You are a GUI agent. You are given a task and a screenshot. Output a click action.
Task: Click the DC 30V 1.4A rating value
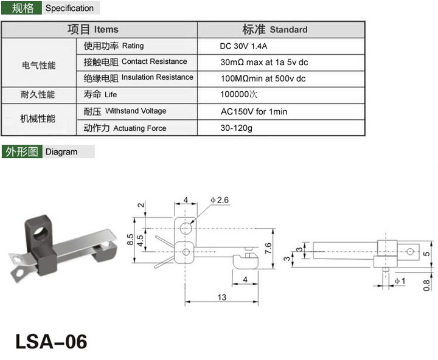(x=243, y=46)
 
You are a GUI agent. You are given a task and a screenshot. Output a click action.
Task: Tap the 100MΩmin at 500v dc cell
(x=263, y=78)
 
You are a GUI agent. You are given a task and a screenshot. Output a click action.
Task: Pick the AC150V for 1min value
(x=254, y=112)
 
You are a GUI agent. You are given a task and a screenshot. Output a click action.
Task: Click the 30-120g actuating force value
(x=236, y=128)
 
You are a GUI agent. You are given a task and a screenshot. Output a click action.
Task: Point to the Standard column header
(x=275, y=29)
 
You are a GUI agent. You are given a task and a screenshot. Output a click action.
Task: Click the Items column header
(x=93, y=29)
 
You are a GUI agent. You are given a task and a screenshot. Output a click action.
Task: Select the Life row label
(x=100, y=94)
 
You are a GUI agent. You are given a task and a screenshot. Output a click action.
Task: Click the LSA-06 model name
(x=51, y=341)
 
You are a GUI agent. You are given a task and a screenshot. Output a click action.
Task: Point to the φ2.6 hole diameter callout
(x=220, y=200)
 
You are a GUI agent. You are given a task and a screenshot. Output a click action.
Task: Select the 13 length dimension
(x=222, y=297)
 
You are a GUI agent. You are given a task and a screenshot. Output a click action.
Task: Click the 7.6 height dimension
(x=268, y=248)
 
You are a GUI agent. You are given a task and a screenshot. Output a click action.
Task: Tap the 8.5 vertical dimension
(x=130, y=240)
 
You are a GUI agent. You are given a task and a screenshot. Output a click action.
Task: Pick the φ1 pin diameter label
(x=400, y=281)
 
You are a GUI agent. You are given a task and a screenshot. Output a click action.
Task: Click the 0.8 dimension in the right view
(x=426, y=285)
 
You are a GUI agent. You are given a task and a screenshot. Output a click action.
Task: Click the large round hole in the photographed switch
(x=41, y=234)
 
